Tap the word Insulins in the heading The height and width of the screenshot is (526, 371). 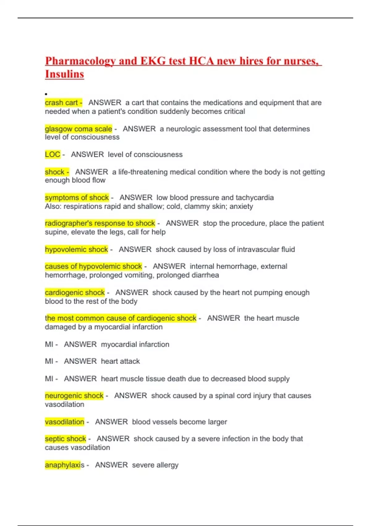tap(64, 74)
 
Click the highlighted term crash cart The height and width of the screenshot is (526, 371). tap(62, 103)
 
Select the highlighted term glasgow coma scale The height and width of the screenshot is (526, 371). tap(79, 129)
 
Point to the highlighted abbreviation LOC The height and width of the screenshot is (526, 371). tap(53, 154)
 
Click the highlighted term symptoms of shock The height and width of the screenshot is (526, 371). tap(77, 197)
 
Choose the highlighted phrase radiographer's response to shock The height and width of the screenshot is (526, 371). tap(100, 223)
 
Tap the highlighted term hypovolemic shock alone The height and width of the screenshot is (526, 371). tap(76, 249)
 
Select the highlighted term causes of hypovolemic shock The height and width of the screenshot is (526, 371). tap(93, 266)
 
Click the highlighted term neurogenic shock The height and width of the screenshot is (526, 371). tap(74, 396)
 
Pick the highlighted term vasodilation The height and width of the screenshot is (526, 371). tap(65, 422)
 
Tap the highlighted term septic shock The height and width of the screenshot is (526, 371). tap(66, 439)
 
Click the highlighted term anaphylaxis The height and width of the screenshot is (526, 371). tap(64, 465)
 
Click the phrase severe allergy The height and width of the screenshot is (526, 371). tap(155, 465)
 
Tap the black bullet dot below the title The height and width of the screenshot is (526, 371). tap(46, 94)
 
